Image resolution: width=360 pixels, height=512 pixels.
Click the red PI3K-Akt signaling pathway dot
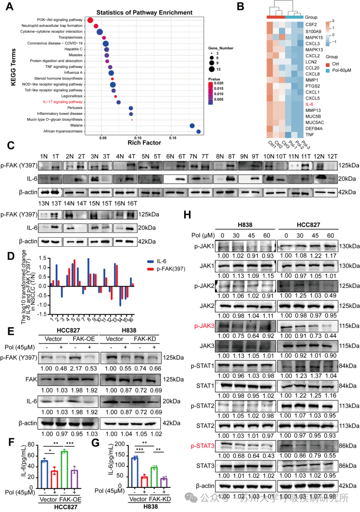(91, 20)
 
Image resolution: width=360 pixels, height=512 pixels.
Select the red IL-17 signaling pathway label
(63, 102)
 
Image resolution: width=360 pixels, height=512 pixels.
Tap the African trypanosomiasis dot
(198, 132)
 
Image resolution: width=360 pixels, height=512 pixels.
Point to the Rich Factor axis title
(144, 142)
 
